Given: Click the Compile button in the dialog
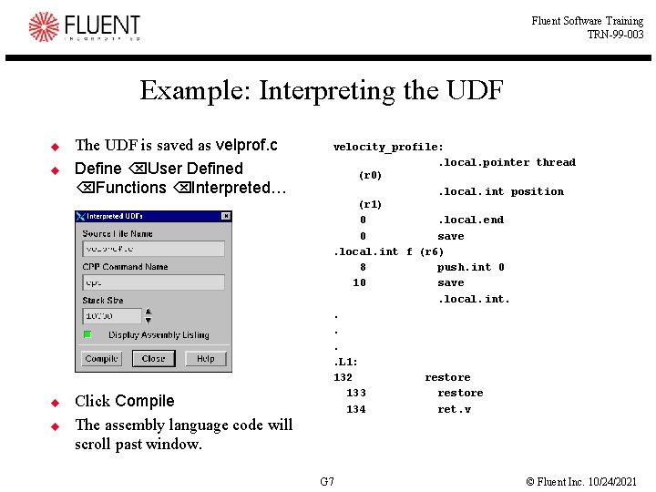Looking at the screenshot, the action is (x=101, y=359).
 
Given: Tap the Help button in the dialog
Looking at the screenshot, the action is (x=205, y=359).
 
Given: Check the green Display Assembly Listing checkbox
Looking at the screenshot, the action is (x=87, y=334).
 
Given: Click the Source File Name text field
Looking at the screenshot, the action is (x=153, y=249).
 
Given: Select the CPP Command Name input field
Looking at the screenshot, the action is (x=153, y=282).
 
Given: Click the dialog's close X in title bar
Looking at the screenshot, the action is (x=226, y=217).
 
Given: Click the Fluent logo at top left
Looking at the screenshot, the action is (x=85, y=26).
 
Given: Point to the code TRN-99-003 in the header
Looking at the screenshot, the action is (x=615, y=35).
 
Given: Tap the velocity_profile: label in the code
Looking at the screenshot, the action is (x=388, y=147).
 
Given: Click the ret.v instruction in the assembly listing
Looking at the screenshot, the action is (x=454, y=409).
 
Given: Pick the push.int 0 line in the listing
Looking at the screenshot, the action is (x=470, y=267).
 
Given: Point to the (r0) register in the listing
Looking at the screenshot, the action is (x=370, y=175).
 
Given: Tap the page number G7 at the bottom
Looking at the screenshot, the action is (x=327, y=481).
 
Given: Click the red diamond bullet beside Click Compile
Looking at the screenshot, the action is (x=55, y=402).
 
